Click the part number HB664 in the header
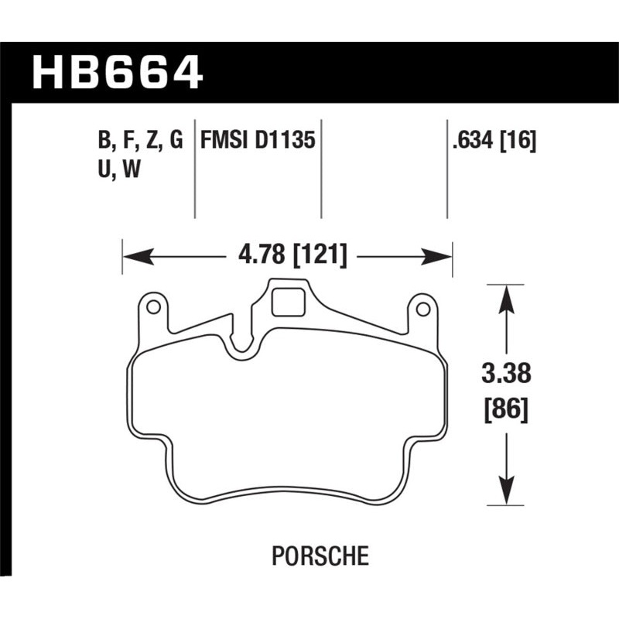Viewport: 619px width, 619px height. [x=117, y=74]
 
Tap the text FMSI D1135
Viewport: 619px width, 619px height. [x=258, y=141]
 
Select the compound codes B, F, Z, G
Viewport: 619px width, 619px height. [x=140, y=141]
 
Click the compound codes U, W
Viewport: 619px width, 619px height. [x=118, y=170]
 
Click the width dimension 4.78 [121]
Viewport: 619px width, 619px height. [x=286, y=255]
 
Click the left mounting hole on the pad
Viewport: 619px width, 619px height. [x=153, y=308]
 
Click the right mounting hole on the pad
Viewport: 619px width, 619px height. [x=422, y=309]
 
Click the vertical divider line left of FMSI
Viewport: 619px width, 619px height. [x=194, y=170]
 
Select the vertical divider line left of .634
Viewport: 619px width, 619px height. [x=447, y=170]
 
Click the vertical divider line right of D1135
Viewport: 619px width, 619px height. [x=321, y=170]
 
